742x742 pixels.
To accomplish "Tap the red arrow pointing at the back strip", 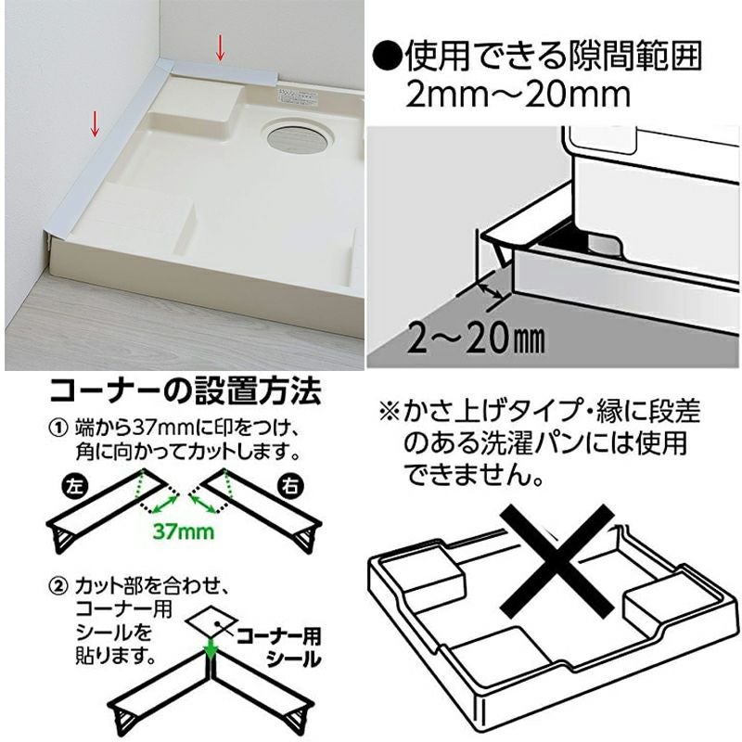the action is click(220, 48).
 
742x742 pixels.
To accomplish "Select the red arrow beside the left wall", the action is click(96, 123).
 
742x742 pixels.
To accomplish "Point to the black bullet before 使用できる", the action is click(388, 56).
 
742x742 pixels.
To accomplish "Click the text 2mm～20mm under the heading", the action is click(518, 96).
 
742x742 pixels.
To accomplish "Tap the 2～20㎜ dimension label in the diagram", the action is click(476, 339).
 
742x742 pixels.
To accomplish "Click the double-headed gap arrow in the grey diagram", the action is click(490, 289).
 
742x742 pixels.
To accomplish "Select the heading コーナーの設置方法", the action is click(185, 390).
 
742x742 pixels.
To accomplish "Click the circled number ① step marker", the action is click(59, 429).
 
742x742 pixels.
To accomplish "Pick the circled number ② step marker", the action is click(59, 587).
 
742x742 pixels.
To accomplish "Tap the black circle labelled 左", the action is click(73, 487).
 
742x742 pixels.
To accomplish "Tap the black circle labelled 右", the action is click(290, 487).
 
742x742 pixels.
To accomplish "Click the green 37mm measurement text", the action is click(184, 531).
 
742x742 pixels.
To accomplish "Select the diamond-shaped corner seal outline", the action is click(211, 620).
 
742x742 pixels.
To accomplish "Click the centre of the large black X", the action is click(557, 560).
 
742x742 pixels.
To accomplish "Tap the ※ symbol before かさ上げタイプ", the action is click(390, 411).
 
